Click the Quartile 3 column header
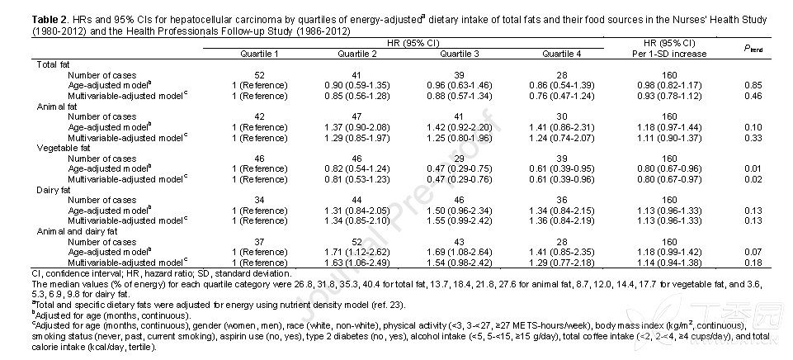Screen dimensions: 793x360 point(460,54)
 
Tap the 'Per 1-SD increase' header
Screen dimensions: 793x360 point(669,54)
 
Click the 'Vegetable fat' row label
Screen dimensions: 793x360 point(64,149)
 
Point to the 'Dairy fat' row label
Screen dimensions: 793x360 point(54,190)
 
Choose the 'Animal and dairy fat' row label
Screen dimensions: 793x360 point(77,232)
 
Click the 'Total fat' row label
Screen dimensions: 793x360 point(53,64)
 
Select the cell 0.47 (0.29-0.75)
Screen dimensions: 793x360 point(460,169)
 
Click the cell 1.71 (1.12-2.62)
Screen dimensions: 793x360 point(357,252)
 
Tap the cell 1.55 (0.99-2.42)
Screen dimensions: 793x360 point(460,221)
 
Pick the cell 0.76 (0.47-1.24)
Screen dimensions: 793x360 point(562,97)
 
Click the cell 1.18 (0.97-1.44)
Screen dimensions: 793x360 point(669,128)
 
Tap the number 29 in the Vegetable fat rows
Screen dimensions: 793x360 point(460,159)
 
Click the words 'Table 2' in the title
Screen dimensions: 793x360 point(49,21)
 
